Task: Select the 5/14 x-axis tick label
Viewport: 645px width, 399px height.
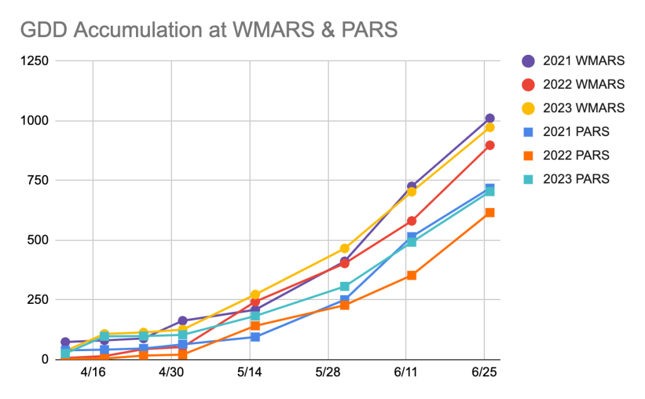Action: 249,373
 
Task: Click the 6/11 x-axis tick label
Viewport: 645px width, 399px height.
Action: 406,373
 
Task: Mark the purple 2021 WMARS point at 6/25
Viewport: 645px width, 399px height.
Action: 489,119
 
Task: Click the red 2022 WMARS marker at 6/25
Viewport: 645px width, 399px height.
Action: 489,146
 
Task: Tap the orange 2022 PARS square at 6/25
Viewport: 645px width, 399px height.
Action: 489,212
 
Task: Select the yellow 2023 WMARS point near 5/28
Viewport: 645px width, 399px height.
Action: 345,248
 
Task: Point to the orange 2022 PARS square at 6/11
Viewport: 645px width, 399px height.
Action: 411,275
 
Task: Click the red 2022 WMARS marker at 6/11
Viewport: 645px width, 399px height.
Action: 411,221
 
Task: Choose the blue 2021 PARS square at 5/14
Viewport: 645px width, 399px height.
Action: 255,337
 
